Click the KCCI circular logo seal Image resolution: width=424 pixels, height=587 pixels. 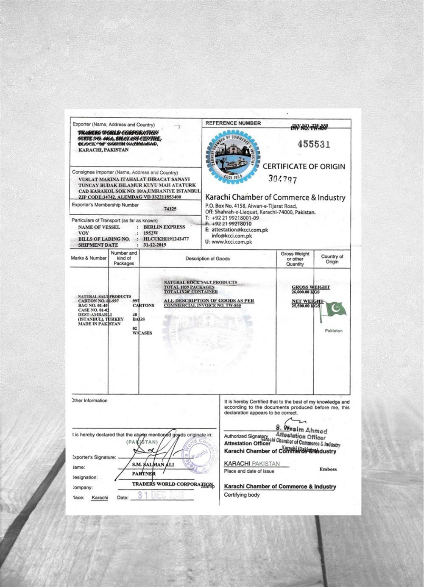pyautogui.click(x=233, y=157)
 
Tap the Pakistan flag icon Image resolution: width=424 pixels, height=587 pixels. pyautogui.click(x=333, y=312)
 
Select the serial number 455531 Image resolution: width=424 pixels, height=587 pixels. pyautogui.click(x=313, y=144)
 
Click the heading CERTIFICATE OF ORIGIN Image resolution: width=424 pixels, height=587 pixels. pyautogui.click(x=304, y=167)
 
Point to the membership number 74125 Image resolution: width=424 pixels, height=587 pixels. pyautogui.click(x=170, y=209)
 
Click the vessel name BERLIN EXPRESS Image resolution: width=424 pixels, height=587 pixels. pyautogui.click(x=164, y=227)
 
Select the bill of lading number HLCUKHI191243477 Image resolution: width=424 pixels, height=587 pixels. pyautogui.click(x=166, y=239)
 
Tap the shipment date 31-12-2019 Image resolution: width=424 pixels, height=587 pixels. pyautogui.click(x=155, y=245)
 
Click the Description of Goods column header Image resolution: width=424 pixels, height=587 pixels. pyautogui.click(x=207, y=259)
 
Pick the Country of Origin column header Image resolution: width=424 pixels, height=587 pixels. pyautogui.click(x=332, y=259)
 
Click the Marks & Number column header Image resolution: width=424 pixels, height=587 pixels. pyautogui.click(x=89, y=258)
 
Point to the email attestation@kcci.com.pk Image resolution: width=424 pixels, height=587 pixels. pyautogui.click(x=240, y=230)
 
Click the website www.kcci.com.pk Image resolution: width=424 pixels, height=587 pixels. pyautogui.click(x=232, y=242)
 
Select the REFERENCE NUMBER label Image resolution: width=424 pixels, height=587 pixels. pyautogui.click(x=233, y=123)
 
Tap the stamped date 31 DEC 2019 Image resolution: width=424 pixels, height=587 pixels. pyautogui.click(x=161, y=495)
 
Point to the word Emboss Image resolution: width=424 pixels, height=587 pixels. pyautogui.click(x=328, y=469)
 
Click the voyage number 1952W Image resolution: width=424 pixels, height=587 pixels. pyautogui.click(x=151, y=233)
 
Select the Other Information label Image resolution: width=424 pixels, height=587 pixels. pyautogui.click(x=90, y=401)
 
